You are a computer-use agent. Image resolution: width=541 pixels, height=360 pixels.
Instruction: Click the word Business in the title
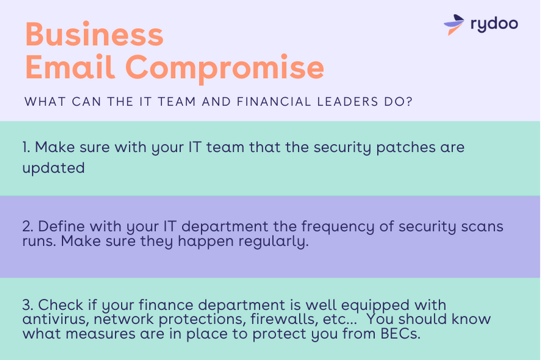[94, 34]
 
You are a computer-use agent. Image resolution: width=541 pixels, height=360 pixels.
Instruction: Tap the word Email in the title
[70, 67]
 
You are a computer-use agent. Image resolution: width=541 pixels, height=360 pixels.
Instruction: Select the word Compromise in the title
[225, 69]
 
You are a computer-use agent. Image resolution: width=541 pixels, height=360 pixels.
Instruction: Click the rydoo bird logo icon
[454, 24]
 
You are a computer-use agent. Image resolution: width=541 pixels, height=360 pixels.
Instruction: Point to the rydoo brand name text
[494, 24]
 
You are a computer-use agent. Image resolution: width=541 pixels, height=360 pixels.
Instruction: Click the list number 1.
[26, 147]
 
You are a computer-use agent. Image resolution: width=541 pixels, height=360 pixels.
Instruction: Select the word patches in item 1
[405, 148]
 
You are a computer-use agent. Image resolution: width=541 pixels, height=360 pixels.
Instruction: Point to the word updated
[54, 168]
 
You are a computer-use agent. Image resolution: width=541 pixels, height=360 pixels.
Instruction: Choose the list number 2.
[27, 226]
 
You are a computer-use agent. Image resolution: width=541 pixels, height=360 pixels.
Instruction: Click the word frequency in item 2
[338, 227]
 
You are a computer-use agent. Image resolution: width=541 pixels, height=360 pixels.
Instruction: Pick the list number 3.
[27, 305]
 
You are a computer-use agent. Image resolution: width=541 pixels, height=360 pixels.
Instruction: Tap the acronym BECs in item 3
[400, 334]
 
